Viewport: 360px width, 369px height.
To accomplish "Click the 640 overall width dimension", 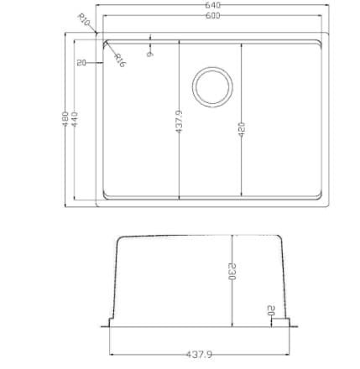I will (x=212, y=5).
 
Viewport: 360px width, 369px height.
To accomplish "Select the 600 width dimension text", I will (x=212, y=15).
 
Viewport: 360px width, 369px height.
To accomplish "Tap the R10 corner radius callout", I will (x=84, y=19).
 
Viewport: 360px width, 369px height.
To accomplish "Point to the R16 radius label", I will (x=120, y=60).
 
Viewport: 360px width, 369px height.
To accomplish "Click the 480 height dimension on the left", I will (x=65, y=119).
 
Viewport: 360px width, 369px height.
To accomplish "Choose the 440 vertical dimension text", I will (x=75, y=119).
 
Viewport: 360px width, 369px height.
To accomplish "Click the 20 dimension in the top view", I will (x=81, y=63).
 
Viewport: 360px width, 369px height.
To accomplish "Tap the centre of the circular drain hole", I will (x=213, y=86).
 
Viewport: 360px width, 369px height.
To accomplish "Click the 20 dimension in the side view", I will (x=270, y=310).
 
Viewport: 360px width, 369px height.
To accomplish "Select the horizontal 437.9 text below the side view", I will (x=199, y=355).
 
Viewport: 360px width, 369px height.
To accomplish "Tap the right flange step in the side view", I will (x=284, y=321).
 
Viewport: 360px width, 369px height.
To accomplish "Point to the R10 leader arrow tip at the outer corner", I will (x=97, y=34).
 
